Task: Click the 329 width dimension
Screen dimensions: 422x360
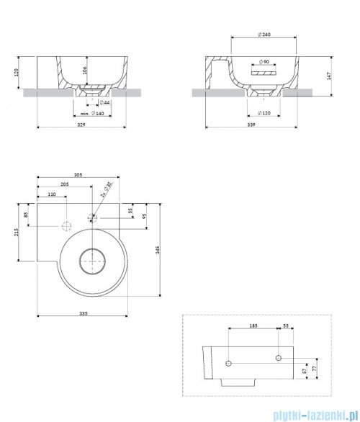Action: pyautogui.click(x=84, y=125)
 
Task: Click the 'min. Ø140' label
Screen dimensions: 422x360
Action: pyautogui.click(x=90, y=113)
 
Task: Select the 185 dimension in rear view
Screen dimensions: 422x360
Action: pyautogui.click(x=253, y=327)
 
